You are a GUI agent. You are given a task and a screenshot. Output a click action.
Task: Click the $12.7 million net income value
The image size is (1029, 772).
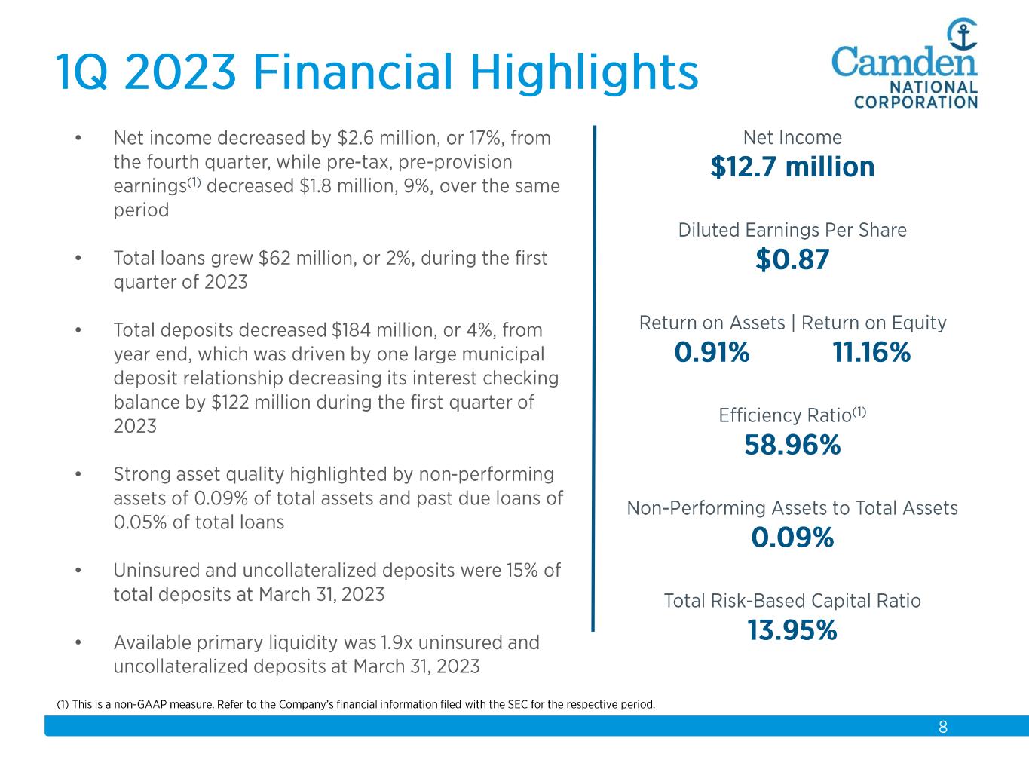click(x=792, y=167)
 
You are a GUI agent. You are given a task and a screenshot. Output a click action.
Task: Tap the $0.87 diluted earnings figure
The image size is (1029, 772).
click(x=792, y=259)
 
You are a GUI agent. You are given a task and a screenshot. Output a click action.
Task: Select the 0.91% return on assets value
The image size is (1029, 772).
click(x=712, y=352)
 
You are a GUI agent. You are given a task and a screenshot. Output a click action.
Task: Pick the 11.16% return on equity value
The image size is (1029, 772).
click(x=871, y=352)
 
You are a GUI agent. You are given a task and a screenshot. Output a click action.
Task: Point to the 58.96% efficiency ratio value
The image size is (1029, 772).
click(x=792, y=446)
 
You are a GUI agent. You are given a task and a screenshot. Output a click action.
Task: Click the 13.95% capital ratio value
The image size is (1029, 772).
click(x=792, y=630)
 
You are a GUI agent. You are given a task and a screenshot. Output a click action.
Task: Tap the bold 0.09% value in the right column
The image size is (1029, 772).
click(x=792, y=538)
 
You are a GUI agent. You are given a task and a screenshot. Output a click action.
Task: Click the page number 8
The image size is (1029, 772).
click(x=943, y=728)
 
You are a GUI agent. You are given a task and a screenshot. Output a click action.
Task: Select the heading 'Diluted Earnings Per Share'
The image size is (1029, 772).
click(x=792, y=230)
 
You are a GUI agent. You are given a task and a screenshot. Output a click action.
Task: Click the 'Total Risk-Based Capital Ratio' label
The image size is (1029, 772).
click(x=792, y=601)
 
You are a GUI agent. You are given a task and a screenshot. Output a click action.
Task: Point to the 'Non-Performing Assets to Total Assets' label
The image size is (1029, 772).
click(x=792, y=508)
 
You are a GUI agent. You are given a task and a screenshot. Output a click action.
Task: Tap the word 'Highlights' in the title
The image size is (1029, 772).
click(x=584, y=73)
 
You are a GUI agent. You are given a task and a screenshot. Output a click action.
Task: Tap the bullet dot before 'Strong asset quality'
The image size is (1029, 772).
click(x=78, y=475)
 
